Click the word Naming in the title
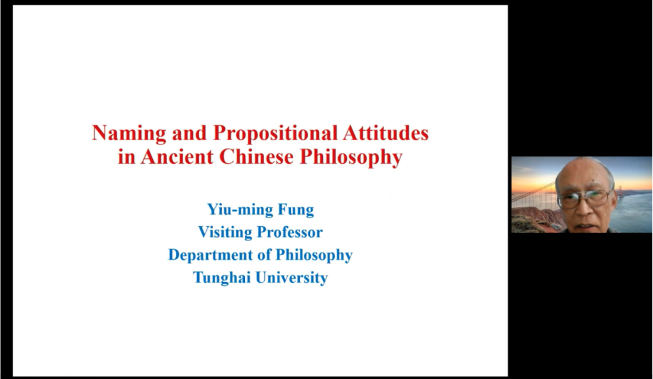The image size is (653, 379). (x=129, y=134)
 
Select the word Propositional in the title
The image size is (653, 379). (x=275, y=134)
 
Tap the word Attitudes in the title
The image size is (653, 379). (x=386, y=133)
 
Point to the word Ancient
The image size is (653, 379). (x=177, y=157)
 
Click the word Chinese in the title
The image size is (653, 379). (x=256, y=157)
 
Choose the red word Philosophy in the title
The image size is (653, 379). (x=351, y=158)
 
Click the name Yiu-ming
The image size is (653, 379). (x=239, y=210)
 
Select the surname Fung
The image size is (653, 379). (x=294, y=210)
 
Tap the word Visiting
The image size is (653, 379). (x=225, y=232)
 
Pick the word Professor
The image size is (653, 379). (x=290, y=232)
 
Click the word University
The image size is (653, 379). (x=291, y=278)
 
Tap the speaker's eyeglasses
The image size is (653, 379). (x=585, y=198)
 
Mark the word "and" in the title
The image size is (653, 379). (x=189, y=133)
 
